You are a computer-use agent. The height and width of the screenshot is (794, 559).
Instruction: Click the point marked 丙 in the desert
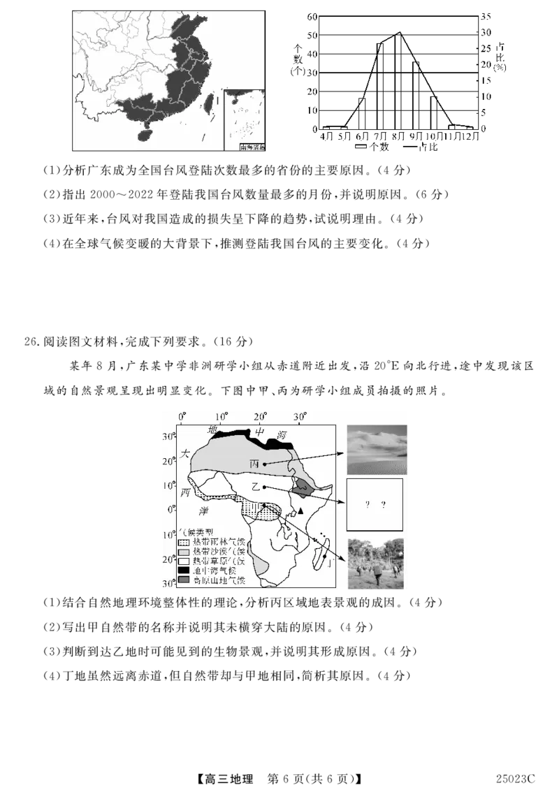click(264, 464)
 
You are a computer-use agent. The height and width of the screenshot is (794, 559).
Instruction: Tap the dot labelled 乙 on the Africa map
click(264, 487)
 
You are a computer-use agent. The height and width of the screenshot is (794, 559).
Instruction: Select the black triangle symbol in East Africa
click(300, 511)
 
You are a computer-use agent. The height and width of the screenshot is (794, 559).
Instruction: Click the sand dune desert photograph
click(377, 450)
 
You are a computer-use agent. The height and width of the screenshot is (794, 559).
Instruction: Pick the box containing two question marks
click(375, 504)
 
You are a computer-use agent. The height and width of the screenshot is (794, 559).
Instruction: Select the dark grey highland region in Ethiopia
click(302, 487)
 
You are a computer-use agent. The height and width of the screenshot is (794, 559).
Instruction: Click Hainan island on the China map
click(145, 133)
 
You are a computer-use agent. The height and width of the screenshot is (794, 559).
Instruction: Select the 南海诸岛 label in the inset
click(252, 147)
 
